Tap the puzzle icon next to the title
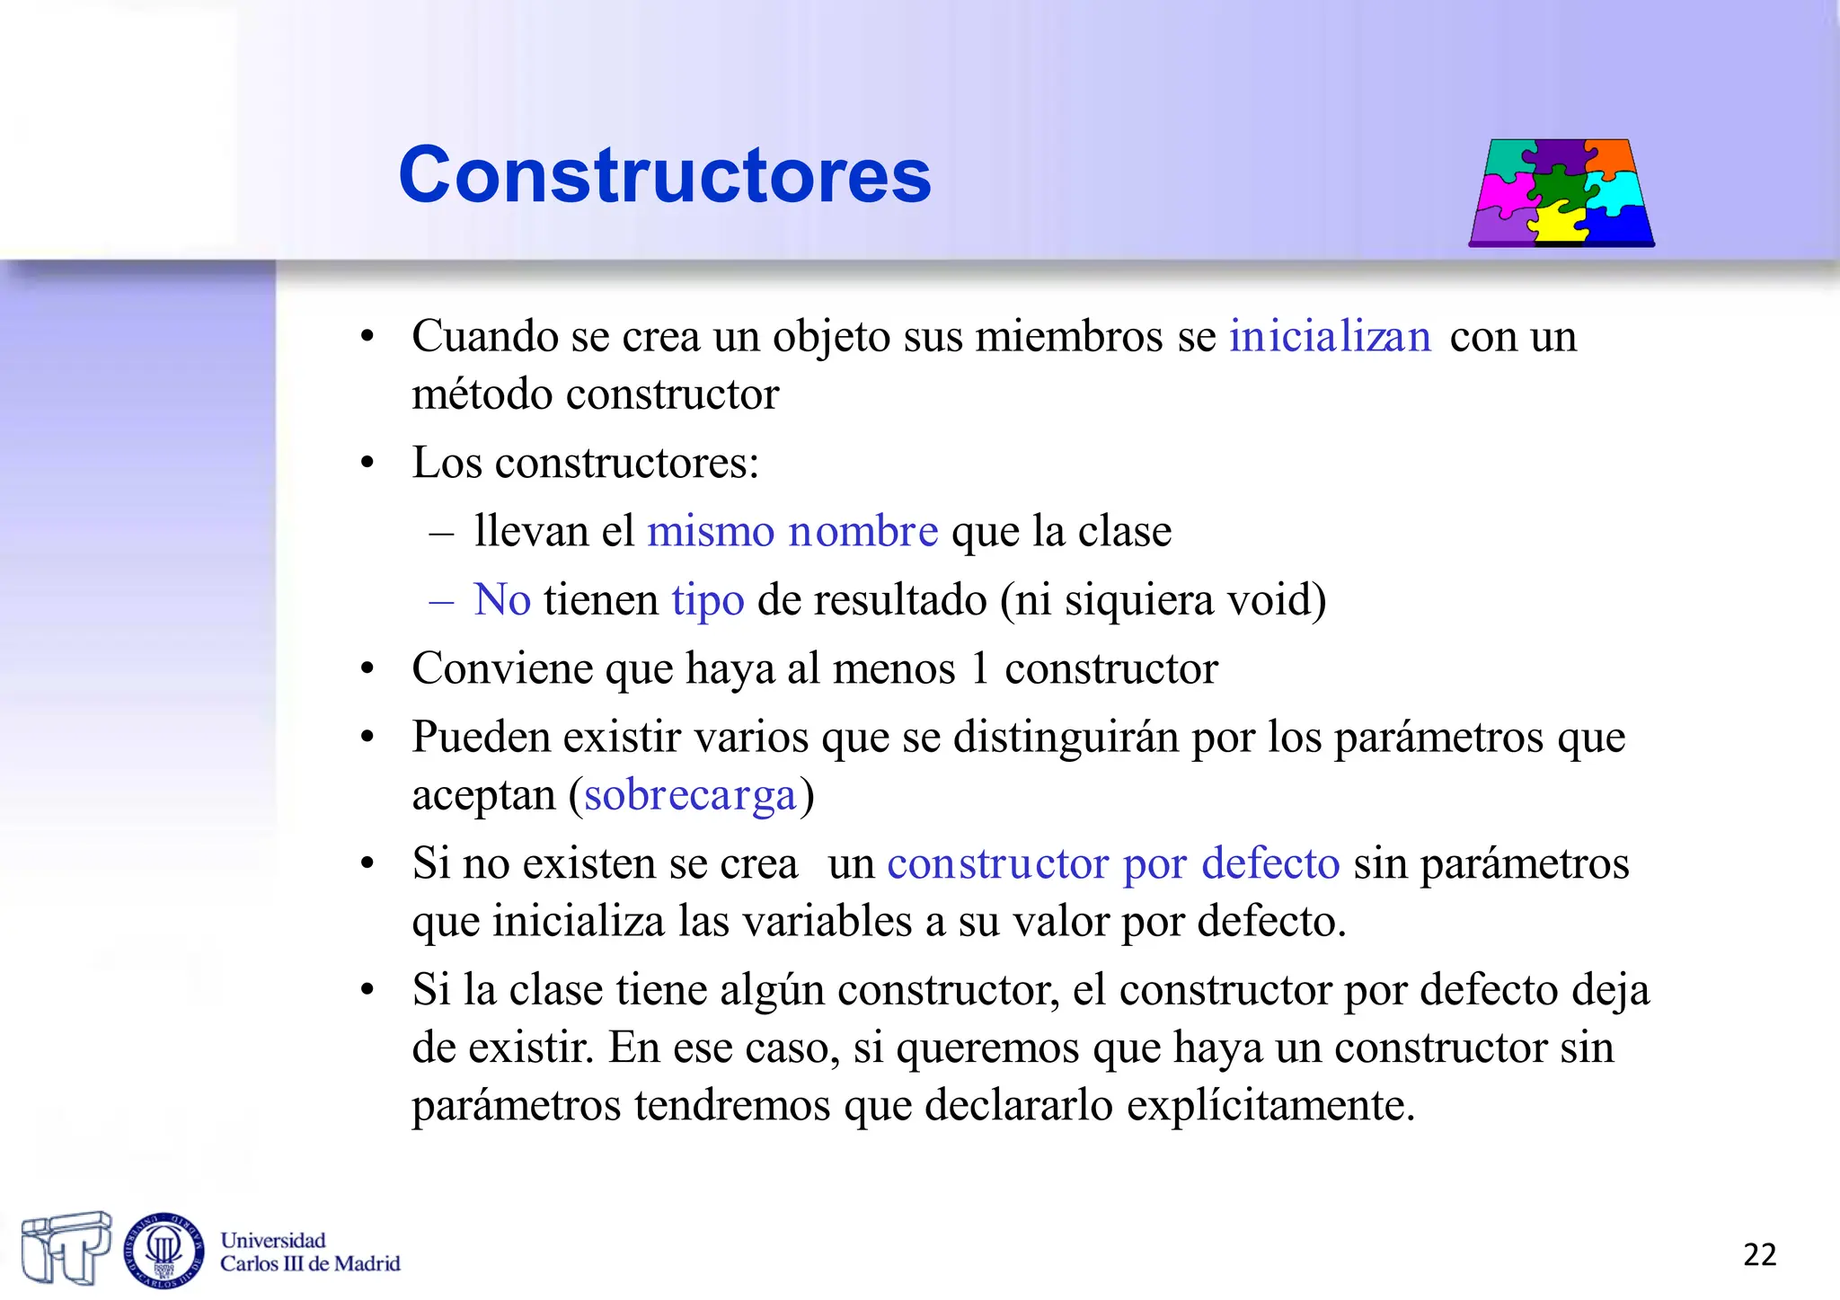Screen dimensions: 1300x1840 click(1561, 192)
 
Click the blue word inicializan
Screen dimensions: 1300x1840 click(1330, 337)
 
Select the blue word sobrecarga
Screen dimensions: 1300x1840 click(690, 795)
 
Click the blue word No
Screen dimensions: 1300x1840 click(502, 599)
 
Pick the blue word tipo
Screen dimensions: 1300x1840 click(708, 599)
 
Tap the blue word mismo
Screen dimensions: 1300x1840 click(711, 531)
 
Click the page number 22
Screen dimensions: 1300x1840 click(1759, 1254)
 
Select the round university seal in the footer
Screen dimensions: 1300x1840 click(164, 1250)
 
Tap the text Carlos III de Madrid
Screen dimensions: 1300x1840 click(310, 1264)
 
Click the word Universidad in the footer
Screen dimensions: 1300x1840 click(273, 1240)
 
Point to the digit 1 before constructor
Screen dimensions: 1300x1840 click(979, 668)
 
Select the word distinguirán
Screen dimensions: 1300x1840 click(1066, 737)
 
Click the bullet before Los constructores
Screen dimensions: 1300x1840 click(367, 464)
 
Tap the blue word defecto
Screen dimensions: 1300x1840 click(1270, 863)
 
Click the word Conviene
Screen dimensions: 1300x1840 click(502, 668)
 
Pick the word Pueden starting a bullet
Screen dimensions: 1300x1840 click(482, 737)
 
